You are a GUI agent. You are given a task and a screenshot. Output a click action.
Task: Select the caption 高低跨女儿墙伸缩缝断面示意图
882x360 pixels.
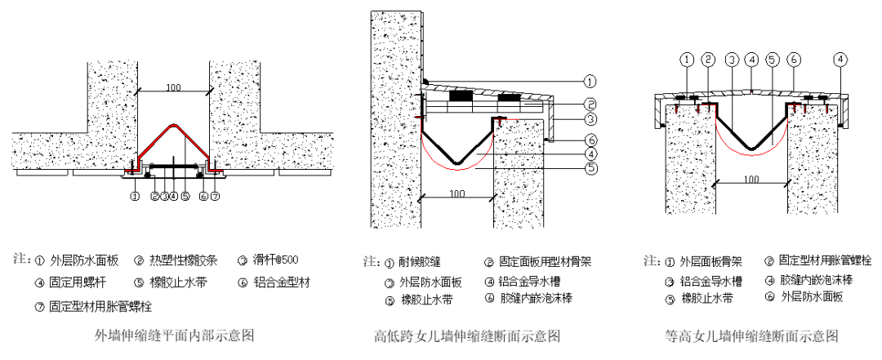pos(467,336)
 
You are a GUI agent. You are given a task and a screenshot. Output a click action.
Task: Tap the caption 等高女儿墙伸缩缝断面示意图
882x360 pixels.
pos(751,336)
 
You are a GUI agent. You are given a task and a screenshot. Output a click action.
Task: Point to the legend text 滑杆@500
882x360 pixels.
pos(274,261)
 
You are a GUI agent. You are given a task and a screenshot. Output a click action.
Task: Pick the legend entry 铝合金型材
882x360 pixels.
pos(282,283)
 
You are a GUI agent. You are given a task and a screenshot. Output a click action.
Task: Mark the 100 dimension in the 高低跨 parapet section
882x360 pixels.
pos(457,193)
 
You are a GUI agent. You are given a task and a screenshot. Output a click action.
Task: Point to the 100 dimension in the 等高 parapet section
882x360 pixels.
pos(751,178)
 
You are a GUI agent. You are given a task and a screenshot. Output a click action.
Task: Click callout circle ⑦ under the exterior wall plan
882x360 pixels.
pos(216,196)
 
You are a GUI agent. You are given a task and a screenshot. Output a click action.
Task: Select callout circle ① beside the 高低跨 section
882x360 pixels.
pos(591,81)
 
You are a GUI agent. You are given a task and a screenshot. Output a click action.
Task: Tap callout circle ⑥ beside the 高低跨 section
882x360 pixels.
pos(591,139)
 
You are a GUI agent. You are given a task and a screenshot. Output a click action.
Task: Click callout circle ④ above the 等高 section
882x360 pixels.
pos(840,59)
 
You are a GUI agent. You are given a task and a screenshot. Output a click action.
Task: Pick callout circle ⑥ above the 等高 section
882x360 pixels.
pos(793,59)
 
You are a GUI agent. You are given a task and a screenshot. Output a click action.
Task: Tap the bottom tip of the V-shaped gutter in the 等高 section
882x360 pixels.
pos(751,148)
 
